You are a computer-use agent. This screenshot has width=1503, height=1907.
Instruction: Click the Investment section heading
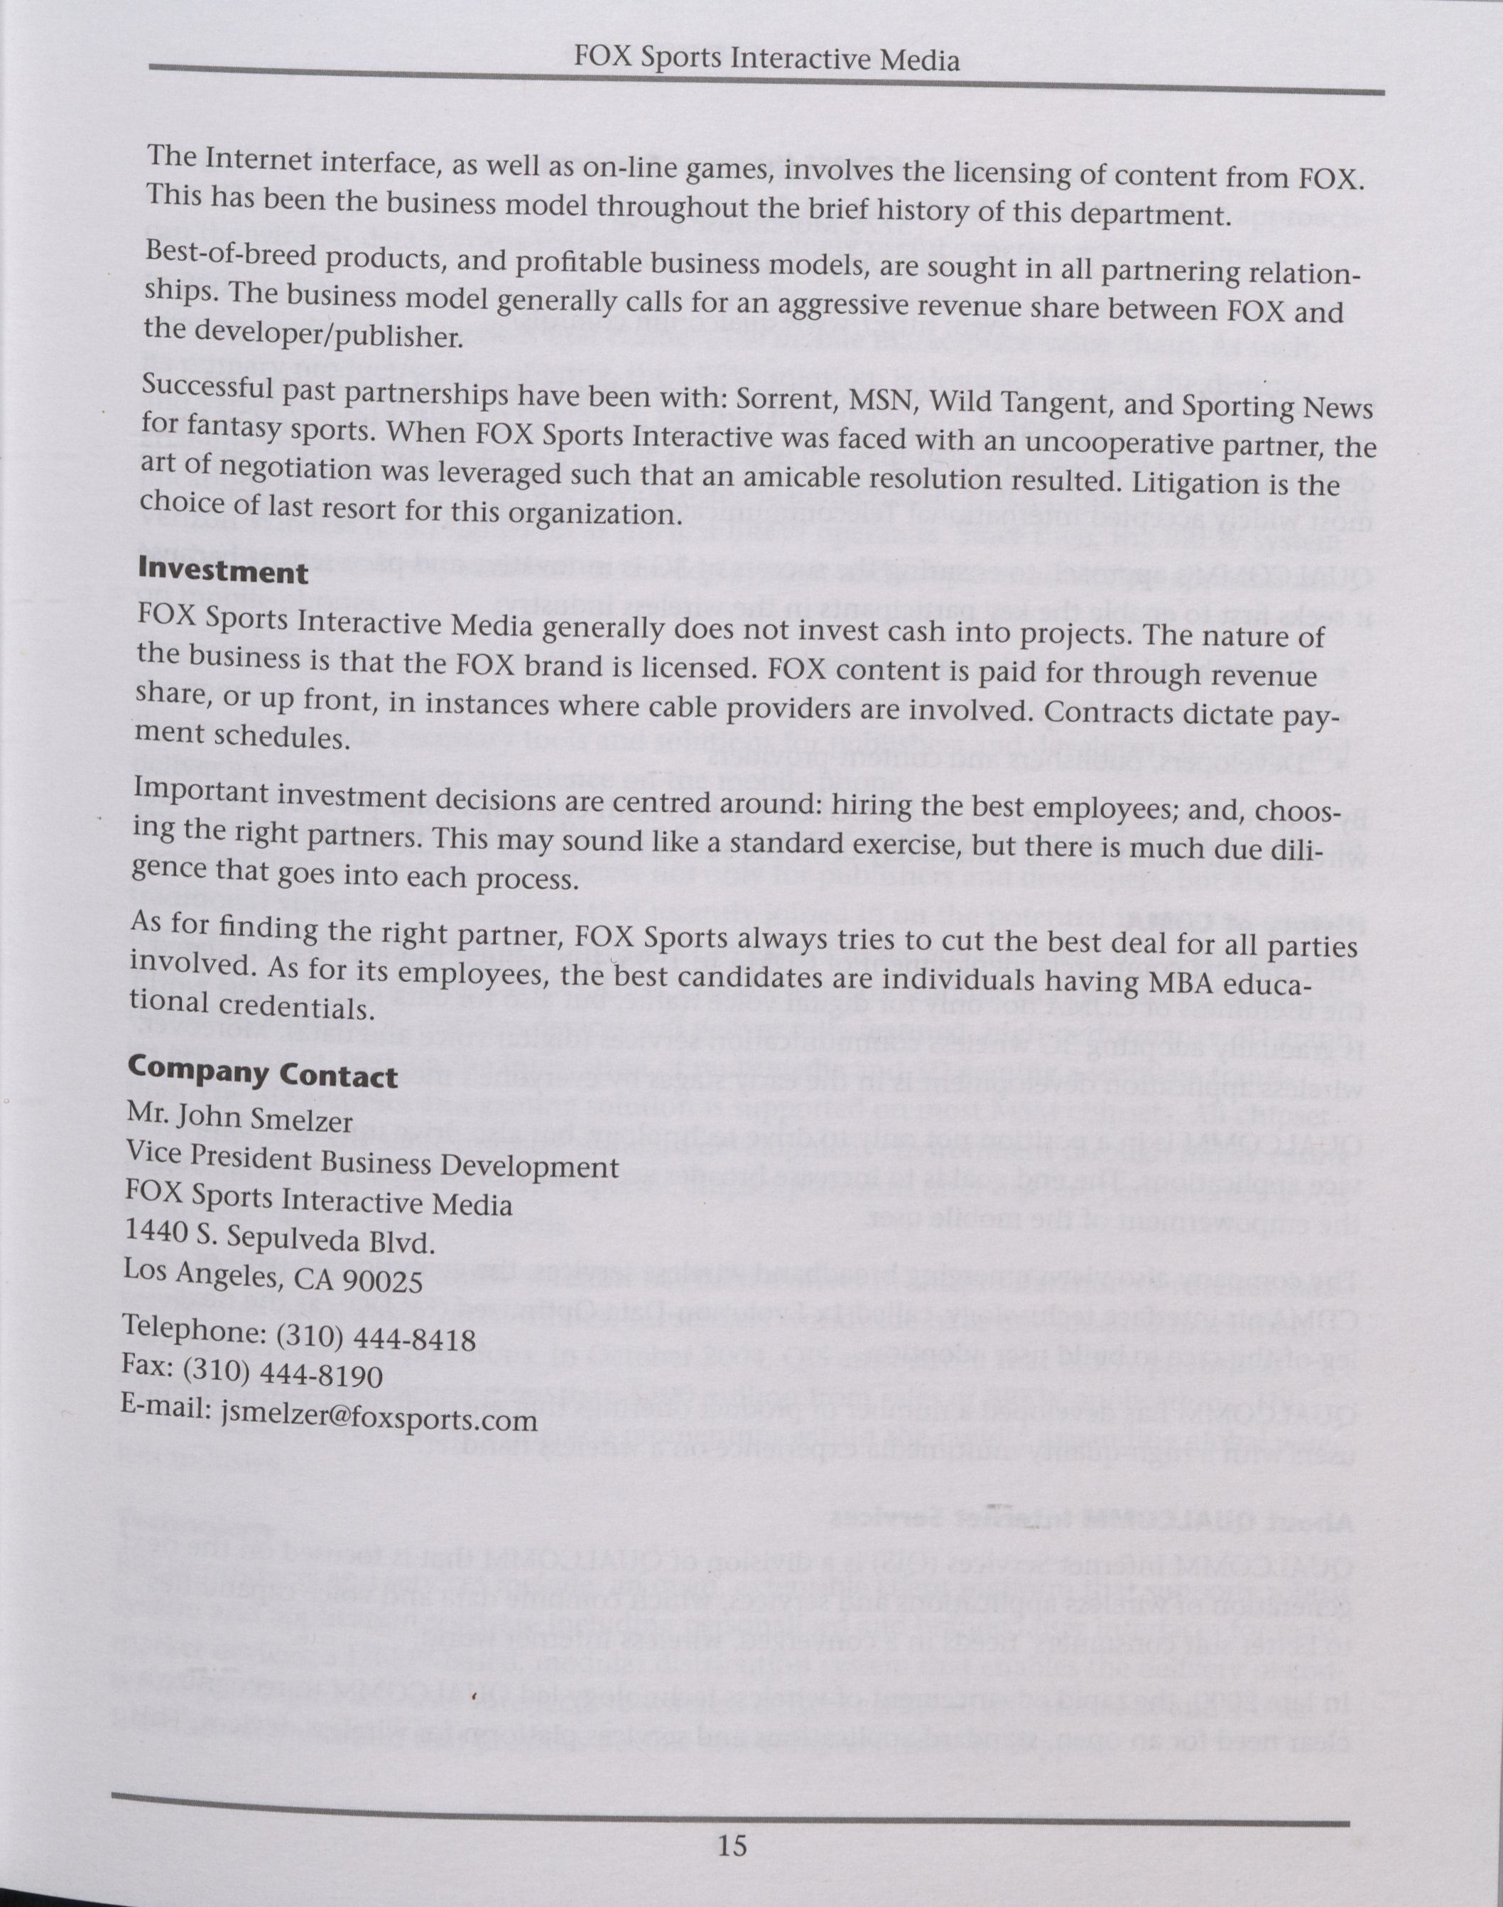(222, 572)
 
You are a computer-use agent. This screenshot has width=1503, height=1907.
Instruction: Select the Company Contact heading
(262, 1074)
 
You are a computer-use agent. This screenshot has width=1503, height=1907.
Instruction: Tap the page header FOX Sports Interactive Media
(766, 60)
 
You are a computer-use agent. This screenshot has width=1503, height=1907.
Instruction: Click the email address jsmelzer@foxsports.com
(367, 1419)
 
